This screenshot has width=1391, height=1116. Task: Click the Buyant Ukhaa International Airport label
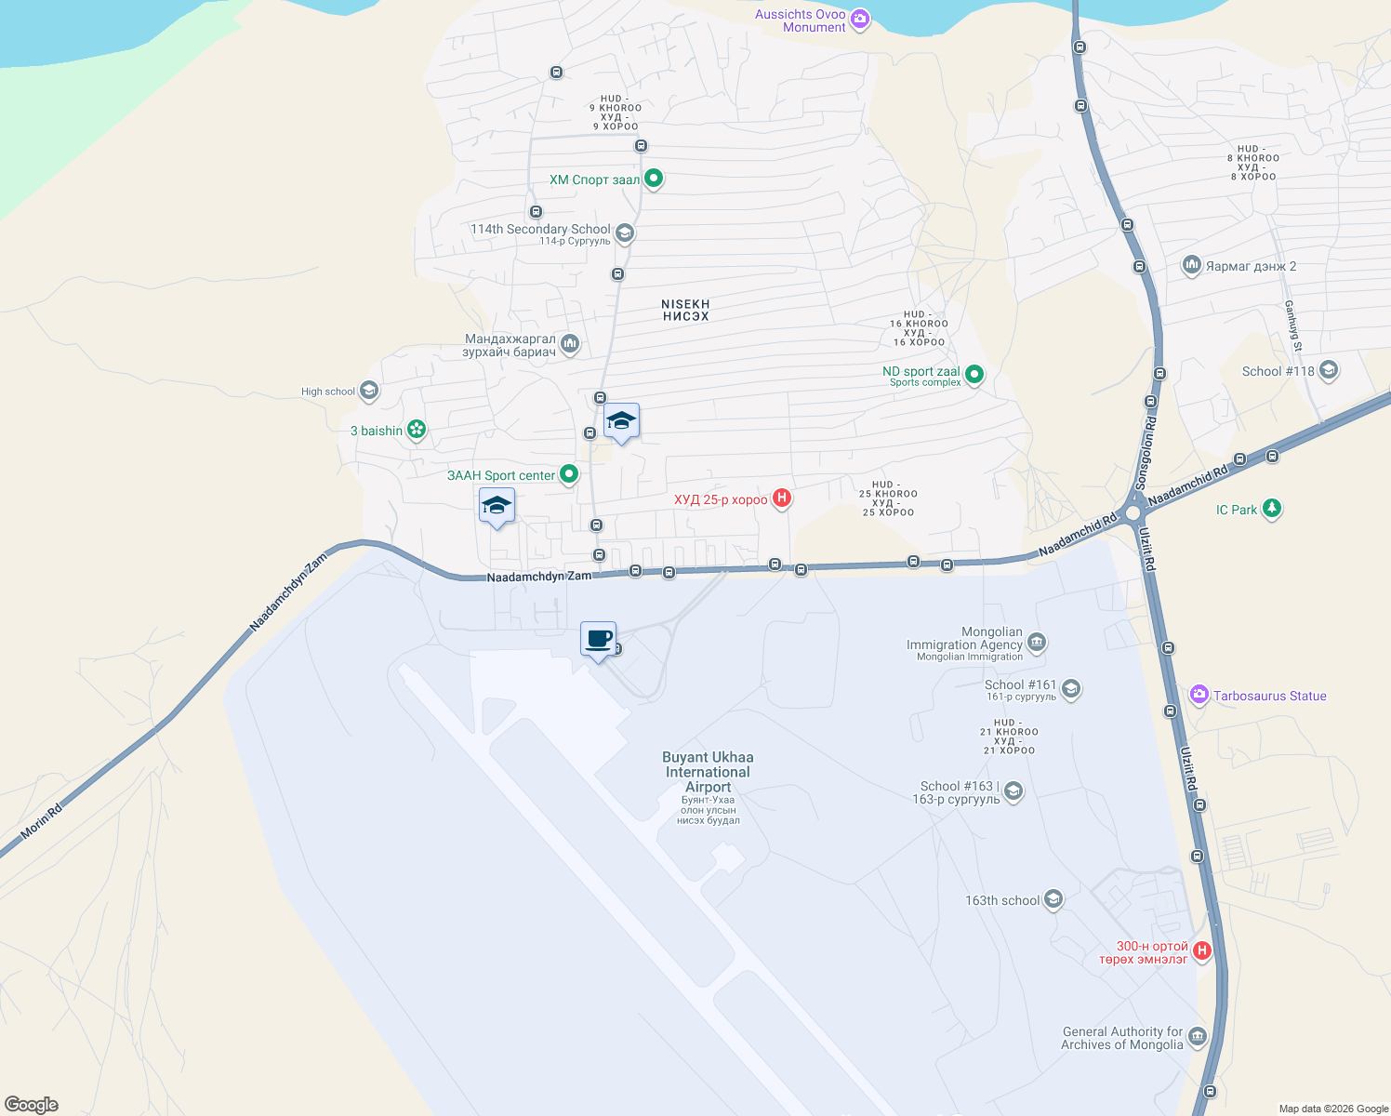[x=708, y=772]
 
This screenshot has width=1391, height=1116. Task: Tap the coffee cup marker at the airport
[x=599, y=640]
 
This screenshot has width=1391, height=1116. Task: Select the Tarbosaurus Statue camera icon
[x=1199, y=695]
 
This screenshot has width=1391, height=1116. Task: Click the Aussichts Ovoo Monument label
[x=801, y=20]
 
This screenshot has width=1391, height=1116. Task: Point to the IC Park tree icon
[x=1272, y=509]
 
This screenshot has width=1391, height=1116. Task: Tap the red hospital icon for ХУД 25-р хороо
[x=782, y=498]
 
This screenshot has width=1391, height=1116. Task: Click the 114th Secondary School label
[x=540, y=229]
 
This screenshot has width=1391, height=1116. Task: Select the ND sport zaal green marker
[x=974, y=375]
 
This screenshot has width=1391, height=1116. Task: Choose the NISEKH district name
[x=685, y=310]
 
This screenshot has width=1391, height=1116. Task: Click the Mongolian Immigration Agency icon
[x=1038, y=643]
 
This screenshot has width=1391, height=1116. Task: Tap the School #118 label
[x=1278, y=371]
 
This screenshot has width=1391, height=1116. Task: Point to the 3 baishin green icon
[x=417, y=430]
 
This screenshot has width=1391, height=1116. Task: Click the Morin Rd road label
[x=42, y=820]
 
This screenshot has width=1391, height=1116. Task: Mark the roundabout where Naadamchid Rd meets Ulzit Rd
[x=1133, y=513]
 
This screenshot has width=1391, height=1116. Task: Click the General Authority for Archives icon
[x=1198, y=1036]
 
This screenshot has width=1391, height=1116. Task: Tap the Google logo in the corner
[x=32, y=1105]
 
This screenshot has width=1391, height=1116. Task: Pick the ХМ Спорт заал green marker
[x=654, y=178]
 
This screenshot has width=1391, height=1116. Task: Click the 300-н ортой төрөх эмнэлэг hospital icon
[x=1202, y=950]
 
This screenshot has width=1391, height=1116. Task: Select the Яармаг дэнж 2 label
[x=1251, y=266]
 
